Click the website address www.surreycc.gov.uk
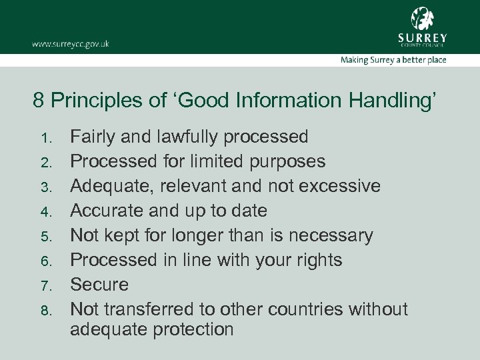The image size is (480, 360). point(70,44)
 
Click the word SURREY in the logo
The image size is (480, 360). point(423,37)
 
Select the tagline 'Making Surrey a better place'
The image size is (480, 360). point(393,59)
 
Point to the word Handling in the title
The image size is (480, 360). point(386,101)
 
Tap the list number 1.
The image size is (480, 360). point(45,139)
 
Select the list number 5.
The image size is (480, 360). point(45,237)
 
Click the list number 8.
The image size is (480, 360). point(45,311)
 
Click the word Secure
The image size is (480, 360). point(99,285)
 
